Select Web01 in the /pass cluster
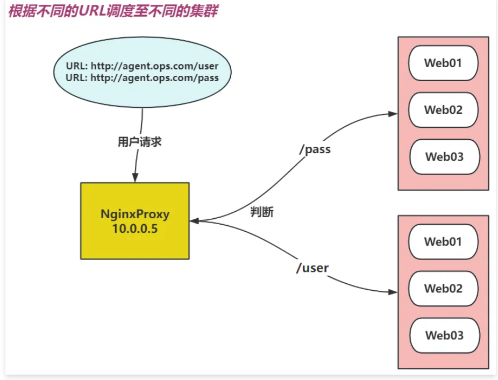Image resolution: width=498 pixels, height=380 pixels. [443, 63]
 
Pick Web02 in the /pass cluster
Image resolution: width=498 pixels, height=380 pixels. [443, 110]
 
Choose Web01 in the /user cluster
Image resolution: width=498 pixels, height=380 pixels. [443, 241]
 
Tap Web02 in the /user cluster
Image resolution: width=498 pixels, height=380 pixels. [443, 288]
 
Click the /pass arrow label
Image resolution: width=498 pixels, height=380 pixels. [315, 149]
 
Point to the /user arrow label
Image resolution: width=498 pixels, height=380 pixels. [312, 267]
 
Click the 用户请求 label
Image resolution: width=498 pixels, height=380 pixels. [139, 142]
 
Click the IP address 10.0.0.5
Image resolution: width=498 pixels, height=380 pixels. [134, 228]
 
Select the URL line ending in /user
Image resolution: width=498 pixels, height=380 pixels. [142, 66]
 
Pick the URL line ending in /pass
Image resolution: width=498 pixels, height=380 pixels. [142, 78]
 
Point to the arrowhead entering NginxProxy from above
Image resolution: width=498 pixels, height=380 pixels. [134, 178]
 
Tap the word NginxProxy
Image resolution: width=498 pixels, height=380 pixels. [134, 214]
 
